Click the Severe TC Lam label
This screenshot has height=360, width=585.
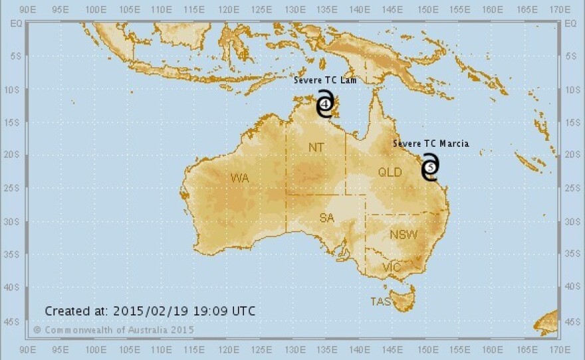click(326, 80)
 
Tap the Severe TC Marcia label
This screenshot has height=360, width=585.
click(430, 143)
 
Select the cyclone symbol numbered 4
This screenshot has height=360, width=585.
click(324, 104)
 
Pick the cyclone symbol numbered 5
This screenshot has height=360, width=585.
click(431, 167)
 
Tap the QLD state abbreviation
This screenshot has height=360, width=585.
click(390, 172)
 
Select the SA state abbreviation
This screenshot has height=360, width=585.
click(326, 219)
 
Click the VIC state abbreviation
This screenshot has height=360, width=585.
click(392, 267)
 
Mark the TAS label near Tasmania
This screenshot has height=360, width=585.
click(380, 302)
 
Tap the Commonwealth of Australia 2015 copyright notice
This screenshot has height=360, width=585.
click(114, 329)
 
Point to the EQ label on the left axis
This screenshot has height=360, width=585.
click(13, 23)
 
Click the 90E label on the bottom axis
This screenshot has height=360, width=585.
click(28, 349)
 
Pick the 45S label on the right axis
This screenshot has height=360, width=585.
click(571, 321)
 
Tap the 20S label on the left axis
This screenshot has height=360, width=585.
click(13, 155)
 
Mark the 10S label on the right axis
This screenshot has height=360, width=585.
click(571, 90)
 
